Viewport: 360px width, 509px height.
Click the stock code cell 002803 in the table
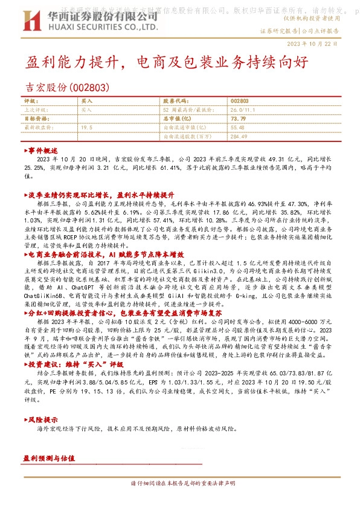pyautogui.click(x=239, y=102)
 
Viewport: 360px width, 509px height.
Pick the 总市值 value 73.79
pyautogui.click(x=238, y=119)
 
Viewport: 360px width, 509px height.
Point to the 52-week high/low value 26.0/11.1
pyautogui.click(x=240, y=110)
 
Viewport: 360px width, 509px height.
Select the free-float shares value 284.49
pyautogui.click(x=239, y=136)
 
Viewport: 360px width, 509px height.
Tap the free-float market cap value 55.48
pyautogui.click(x=237, y=128)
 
